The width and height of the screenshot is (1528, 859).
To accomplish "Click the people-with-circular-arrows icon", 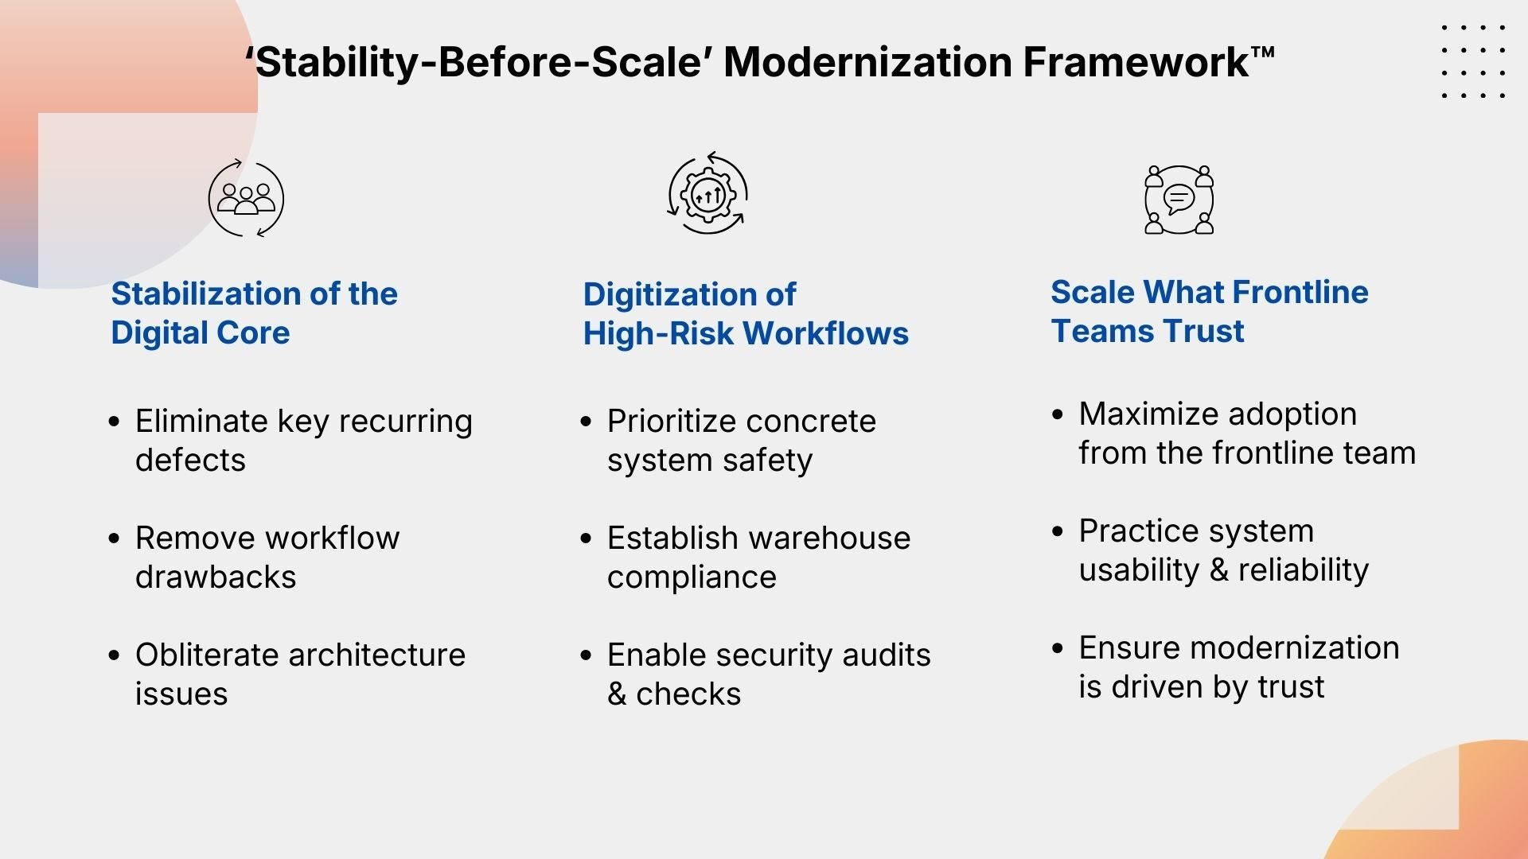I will tap(246, 199).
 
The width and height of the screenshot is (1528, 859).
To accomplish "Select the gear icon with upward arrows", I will tap(707, 194).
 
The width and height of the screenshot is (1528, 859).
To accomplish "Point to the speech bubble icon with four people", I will tap(1179, 200).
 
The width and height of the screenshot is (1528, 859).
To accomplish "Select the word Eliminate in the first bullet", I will tap(201, 421).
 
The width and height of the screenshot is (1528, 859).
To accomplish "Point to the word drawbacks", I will tap(216, 577).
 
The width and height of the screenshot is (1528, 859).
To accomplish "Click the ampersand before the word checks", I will tap(617, 694).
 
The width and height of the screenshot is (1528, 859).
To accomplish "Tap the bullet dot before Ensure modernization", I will tap(1058, 648).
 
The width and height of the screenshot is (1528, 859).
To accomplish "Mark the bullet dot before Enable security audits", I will tap(587, 655).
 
